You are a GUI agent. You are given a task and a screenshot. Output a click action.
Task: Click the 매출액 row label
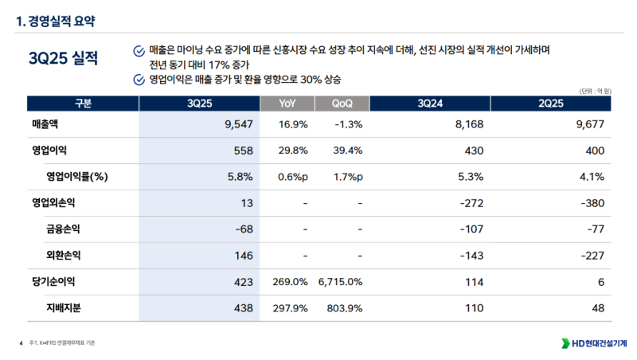[x=46, y=125]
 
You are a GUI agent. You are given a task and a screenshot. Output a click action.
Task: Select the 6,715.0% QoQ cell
[x=340, y=282]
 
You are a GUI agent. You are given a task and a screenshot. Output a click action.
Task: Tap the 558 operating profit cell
[x=244, y=151]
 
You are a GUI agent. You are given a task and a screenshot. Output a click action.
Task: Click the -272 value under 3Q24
[x=472, y=203]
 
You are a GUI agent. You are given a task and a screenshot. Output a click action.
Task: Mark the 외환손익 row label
[x=64, y=256]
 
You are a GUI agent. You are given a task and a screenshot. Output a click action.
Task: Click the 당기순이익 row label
[x=53, y=282]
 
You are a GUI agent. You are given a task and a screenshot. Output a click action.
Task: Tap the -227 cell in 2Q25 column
[x=592, y=256]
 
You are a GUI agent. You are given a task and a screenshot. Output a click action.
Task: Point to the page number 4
[x=20, y=343]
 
